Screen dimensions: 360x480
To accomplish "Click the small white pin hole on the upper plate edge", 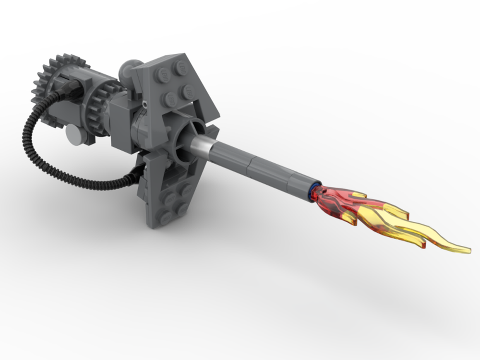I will click(144, 103).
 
